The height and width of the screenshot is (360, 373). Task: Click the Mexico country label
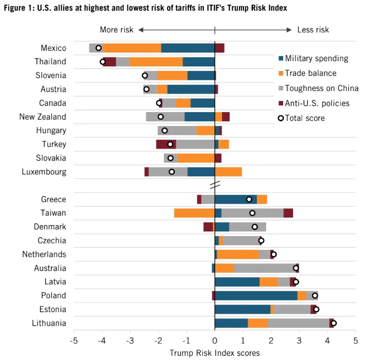[53, 48]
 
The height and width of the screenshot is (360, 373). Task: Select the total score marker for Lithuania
[333, 323]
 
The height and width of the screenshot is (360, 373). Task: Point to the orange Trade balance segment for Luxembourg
[228, 172]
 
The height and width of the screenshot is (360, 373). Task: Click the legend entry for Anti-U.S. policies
[317, 103]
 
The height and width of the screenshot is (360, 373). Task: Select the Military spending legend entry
[316, 59]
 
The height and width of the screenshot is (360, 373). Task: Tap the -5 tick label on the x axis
[74, 340]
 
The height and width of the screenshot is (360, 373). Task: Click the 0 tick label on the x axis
[215, 340]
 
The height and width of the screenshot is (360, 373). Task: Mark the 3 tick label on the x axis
[299, 340]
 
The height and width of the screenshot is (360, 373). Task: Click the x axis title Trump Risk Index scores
[214, 353]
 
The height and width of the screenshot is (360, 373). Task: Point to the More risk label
[116, 30]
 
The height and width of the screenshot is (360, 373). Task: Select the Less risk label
[313, 30]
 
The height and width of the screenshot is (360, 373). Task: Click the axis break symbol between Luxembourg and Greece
[215, 184]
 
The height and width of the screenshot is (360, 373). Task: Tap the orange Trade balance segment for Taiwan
[194, 213]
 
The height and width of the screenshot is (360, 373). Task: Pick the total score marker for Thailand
[103, 62]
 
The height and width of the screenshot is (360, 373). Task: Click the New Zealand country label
[43, 117]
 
